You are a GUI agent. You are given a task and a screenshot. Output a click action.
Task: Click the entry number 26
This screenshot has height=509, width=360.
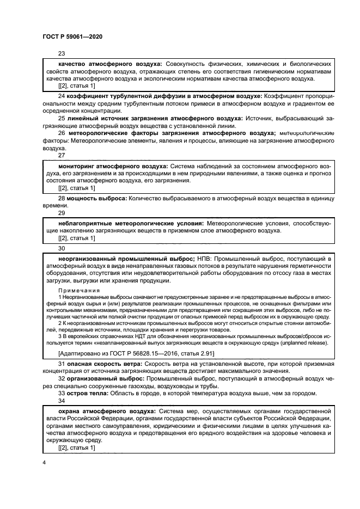pos(62,132)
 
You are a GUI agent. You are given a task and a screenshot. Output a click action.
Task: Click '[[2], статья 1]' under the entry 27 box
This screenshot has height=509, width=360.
pos(76,188)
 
